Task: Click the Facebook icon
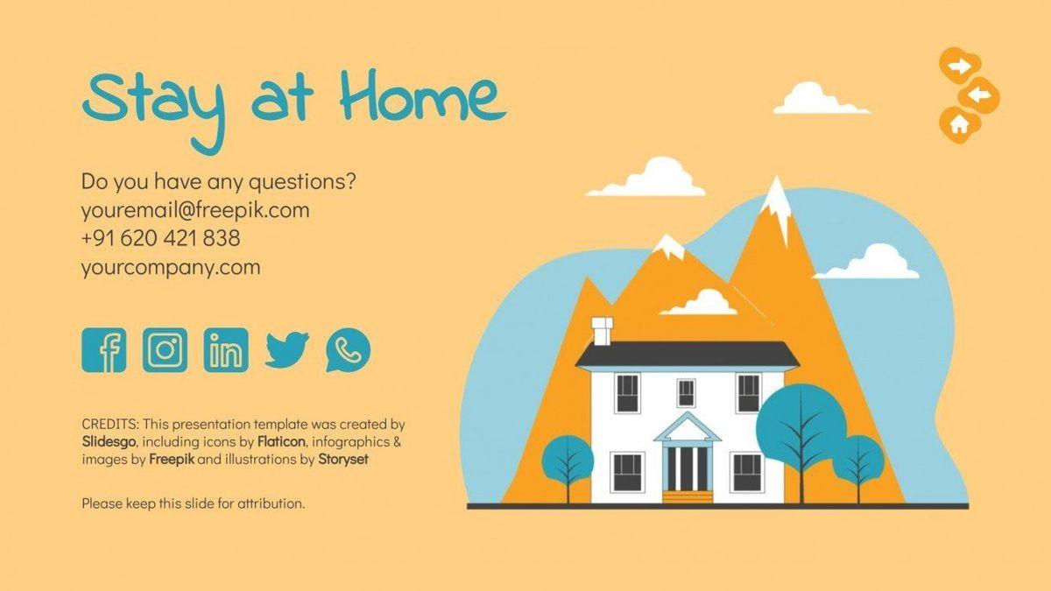coord(103,350)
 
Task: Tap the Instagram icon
coord(165,350)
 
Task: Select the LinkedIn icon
coord(226,350)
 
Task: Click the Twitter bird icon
coord(286,350)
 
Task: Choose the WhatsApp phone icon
coord(348,350)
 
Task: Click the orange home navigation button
coord(960,124)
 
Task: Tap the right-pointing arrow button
coord(960,67)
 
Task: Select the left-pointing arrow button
coord(979,95)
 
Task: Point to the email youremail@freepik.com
coord(195,211)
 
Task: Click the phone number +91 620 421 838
coord(160,238)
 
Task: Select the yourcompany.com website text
coord(171,268)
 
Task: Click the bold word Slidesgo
coord(109,442)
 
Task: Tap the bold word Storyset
coord(343,459)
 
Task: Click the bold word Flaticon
coord(281,441)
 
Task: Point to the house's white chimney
coord(602,331)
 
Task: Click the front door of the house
coord(688,469)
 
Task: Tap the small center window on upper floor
coord(686,393)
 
